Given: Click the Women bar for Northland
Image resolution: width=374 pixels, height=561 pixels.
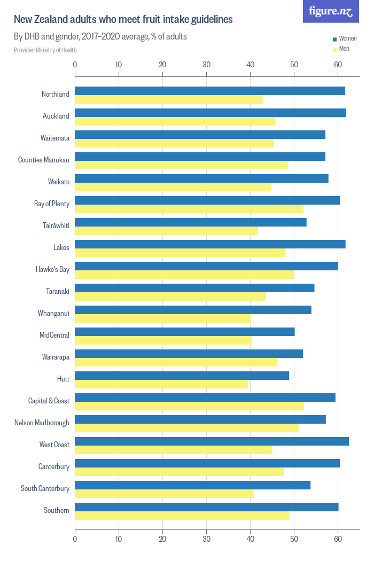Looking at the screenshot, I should point(210,91).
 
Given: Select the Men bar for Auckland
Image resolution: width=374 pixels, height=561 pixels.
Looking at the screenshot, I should point(175,121).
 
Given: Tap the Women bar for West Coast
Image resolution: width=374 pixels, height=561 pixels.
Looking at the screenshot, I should point(212,441).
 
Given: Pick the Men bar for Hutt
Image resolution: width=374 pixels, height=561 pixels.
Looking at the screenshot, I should point(161,384).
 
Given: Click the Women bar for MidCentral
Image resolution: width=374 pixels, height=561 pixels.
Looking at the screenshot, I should point(185,332).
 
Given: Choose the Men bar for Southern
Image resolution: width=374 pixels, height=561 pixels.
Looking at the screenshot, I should point(182,516).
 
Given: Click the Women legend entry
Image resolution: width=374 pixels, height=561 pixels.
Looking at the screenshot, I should point(344,39).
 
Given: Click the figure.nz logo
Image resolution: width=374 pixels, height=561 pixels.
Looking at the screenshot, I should point(331,11).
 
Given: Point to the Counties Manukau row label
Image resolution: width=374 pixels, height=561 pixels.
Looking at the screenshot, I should point(44,160).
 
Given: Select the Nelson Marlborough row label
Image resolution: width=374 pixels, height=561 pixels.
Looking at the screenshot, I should point(42,423).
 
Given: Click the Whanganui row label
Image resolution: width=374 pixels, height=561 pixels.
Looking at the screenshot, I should point(53,313).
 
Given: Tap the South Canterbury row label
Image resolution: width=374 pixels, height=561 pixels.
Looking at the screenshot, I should point(45,488).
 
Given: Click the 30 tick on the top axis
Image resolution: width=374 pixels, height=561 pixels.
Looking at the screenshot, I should point(206,65).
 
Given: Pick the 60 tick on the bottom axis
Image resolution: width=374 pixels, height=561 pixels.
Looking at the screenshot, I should point(338,540).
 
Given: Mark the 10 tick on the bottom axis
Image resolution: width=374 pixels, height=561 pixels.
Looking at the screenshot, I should point(119,540).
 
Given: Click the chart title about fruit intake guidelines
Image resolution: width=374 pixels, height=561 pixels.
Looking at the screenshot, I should point(123,20).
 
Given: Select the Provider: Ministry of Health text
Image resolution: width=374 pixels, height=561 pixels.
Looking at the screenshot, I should point(45,50).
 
